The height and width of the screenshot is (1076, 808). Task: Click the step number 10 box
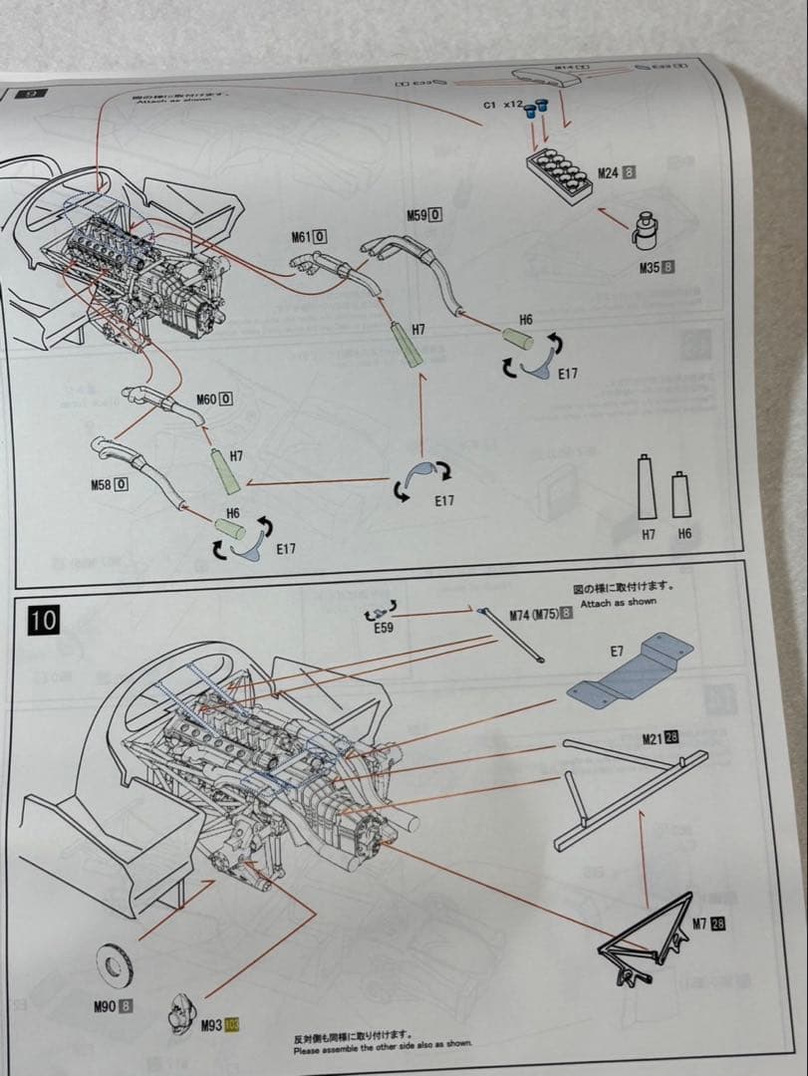click(43, 620)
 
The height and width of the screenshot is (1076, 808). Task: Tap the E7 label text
click(616, 652)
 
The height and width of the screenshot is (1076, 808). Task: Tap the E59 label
click(384, 629)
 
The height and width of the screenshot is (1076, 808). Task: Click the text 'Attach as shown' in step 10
click(618, 603)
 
